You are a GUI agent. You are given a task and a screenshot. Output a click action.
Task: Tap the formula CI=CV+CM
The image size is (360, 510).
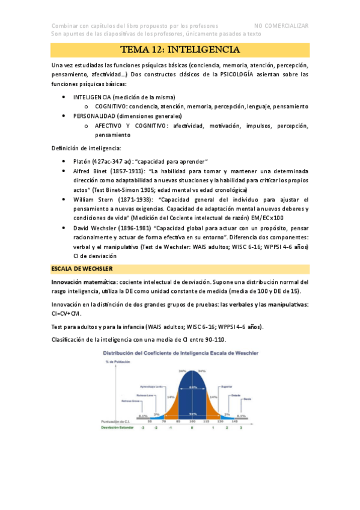point(67,313)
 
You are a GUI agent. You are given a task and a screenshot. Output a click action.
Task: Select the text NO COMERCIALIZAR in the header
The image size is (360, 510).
point(281,26)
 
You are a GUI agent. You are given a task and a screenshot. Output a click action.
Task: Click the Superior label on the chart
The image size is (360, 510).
point(227,387)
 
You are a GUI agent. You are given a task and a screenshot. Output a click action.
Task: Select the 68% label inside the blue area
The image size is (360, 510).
point(192,387)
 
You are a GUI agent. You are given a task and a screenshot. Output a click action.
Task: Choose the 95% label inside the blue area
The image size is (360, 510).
point(192,414)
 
